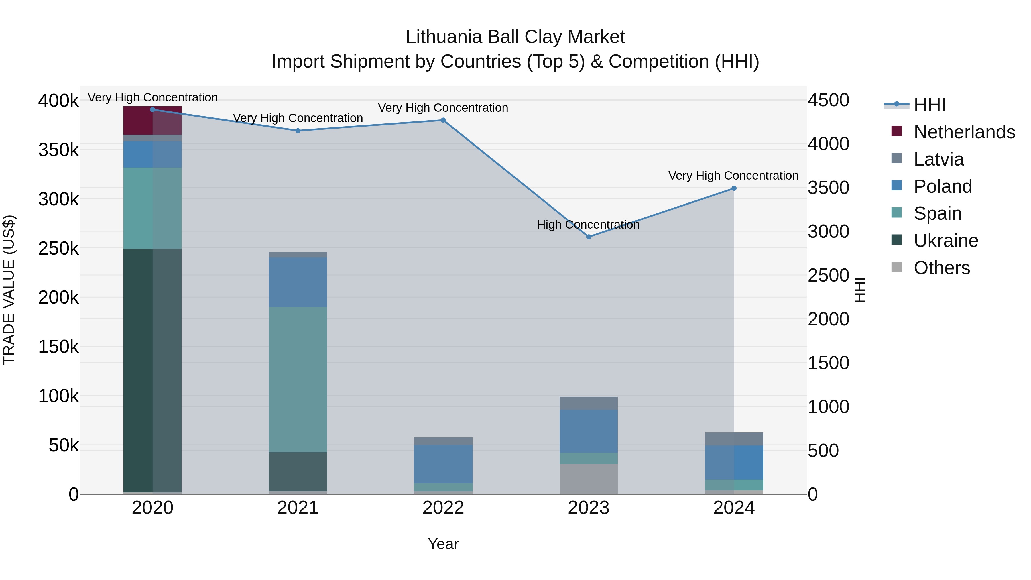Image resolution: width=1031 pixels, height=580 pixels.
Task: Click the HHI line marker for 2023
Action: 588,237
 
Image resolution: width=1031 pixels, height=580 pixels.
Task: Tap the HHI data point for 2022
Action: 443,120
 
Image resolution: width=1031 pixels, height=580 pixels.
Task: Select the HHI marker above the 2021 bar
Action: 298,131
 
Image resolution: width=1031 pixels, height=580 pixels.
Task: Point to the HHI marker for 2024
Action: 734,188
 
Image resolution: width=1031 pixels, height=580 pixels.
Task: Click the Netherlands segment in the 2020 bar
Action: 152,121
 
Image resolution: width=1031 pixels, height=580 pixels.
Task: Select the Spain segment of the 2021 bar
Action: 298,380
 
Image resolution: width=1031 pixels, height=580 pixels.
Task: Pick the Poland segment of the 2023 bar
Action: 588,431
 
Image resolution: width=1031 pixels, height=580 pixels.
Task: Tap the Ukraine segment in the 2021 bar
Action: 298,471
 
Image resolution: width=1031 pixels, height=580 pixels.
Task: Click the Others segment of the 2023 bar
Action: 588,479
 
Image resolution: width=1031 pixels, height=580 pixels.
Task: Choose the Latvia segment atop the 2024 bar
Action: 734,439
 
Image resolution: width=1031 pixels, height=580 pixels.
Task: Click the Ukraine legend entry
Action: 946,241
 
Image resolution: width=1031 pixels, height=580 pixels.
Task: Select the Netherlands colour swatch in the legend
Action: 896,131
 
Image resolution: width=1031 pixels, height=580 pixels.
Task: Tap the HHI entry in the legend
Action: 929,105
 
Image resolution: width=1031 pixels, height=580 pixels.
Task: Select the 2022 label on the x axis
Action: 443,508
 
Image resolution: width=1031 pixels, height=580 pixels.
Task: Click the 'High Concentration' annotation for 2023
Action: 588,225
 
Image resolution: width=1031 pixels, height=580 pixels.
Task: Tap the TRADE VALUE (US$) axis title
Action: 9,290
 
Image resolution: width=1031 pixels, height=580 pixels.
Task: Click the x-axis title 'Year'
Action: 443,544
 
